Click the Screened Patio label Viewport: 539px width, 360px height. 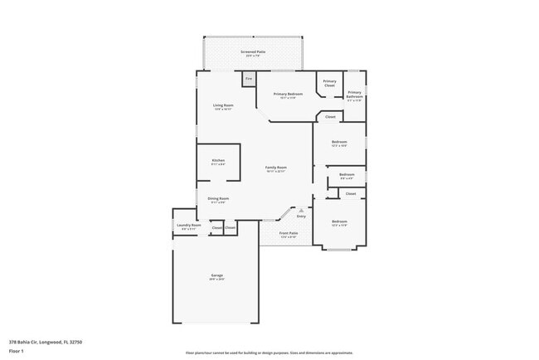[x=253, y=52]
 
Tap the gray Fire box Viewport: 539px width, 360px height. [x=248, y=79]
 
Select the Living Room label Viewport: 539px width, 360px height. [x=222, y=106]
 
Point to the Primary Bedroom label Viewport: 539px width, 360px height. [x=284, y=94]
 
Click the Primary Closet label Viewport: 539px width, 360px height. [x=329, y=83]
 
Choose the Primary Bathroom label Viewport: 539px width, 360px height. [x=354, y=94]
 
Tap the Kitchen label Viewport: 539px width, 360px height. [x=218, y=161]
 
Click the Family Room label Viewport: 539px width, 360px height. [x=275, y=168]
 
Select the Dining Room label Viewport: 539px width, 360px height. [x=218, y=199]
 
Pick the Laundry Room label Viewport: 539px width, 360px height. [x=189, y=226]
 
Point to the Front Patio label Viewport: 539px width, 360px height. [x=289, y=234]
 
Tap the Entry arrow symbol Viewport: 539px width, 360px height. [x=289, y=211]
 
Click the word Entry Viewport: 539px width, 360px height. [x=289, y=216]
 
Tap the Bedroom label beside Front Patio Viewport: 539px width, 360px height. [x=339, y=222]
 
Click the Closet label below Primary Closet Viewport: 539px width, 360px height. [x=330, y=117]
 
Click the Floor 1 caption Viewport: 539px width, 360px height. [x=17, y=351]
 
